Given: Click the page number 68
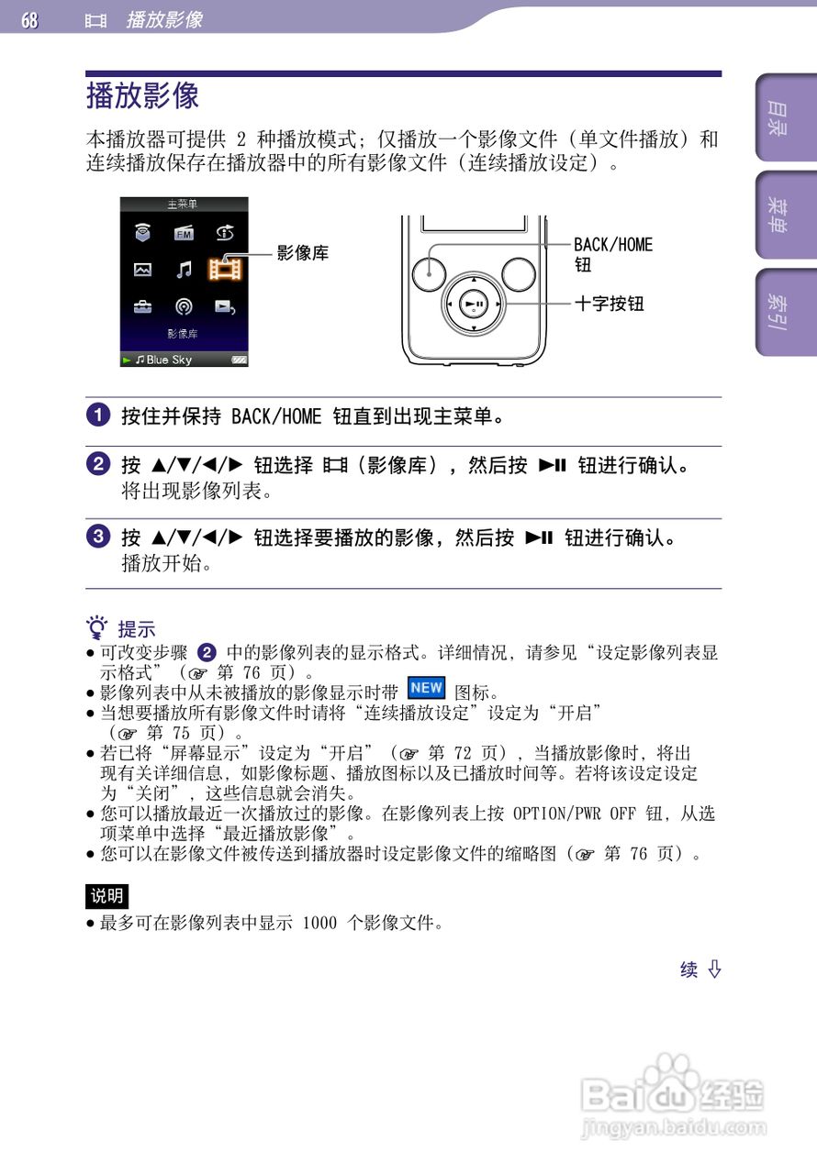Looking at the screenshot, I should [x=30, y=19].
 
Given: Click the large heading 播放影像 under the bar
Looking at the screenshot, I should [x=142, y=95].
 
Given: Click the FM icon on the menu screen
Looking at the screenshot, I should [x=185, y=233].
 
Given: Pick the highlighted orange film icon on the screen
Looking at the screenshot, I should [x=225, y=269].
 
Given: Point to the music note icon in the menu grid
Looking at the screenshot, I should [x=185, y=269].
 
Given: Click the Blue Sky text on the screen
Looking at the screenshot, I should [x=169, y=360].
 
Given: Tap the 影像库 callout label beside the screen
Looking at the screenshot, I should [x=303, y=253].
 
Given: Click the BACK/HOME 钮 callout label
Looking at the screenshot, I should [x=612, y=254].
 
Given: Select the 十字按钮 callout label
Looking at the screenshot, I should [x=609, y=303].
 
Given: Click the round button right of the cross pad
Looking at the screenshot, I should [x=519, y=271].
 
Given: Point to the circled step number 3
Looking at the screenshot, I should [x=98, y=536].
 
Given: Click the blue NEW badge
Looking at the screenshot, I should [x=427, y=688].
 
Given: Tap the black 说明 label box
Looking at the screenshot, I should [x=106, y=896].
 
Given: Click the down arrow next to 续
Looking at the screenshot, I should [x=714, y=969].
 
